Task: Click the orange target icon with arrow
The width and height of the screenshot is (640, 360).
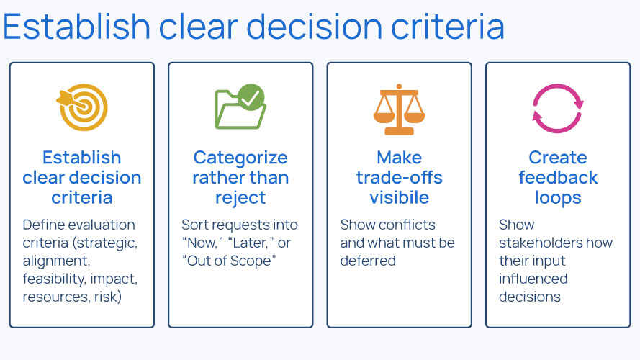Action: pos(82,108)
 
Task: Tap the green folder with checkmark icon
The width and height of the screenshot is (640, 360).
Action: pos(240,108)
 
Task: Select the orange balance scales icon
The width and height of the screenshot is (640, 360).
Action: pos(399,109)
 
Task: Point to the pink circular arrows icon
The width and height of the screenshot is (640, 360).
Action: pos(557,109)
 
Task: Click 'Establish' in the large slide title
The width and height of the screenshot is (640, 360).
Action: pos(76,27)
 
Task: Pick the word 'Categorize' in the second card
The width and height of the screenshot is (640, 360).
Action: pos(240,158)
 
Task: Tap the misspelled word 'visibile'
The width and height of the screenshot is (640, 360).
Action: pos(400,197)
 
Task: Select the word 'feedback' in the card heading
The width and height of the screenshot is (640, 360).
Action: pos(558,178)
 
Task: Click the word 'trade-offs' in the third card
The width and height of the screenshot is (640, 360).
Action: pos(400,178)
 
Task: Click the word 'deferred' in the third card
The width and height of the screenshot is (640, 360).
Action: pos(368,261)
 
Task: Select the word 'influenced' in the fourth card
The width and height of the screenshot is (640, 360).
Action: pos(533,279)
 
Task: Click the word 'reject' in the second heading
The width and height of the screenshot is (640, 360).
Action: pos(240,197)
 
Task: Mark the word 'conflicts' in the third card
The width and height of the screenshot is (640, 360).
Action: pos(409,225)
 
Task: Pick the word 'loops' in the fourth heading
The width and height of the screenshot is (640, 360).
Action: pos(558,197)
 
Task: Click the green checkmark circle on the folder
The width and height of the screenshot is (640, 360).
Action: pos(251,96)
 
